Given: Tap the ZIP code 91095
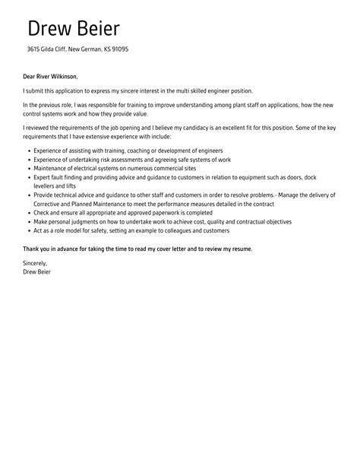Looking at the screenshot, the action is click(138, 51).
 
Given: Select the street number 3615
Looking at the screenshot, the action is click(35, 51).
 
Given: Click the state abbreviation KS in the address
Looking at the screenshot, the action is click(119, 51).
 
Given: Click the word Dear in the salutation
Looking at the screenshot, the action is click(30, 76).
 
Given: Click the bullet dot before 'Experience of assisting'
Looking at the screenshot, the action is click(28, 151).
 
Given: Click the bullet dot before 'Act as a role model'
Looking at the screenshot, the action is click(28, 230).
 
